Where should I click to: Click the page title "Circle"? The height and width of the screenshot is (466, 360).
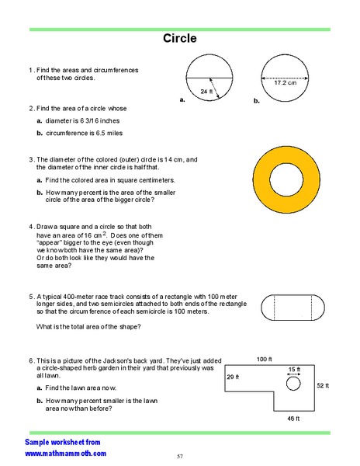click(x=179, y=38)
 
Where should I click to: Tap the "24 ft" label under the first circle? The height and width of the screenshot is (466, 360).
click(x=206, y=92)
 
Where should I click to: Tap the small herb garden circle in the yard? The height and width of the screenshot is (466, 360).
click(x=292, y=383)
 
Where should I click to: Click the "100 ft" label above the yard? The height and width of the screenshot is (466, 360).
click(x=265, y=360)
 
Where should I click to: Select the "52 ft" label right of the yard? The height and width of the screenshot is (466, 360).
click(x=323, y=385)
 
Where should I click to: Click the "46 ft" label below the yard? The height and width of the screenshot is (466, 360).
click(x=292, y=419)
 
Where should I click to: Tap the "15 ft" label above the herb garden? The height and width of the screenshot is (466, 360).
click(x=294, y=369)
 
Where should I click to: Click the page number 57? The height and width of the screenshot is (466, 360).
click(x=179, y=456)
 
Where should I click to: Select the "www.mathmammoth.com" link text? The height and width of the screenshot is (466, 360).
click(x=65, y=452)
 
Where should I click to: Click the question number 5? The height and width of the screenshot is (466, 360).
click(x=30, y=296)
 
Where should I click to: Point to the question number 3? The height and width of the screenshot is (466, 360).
click(x=30, y=158)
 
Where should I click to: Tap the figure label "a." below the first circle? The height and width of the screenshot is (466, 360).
click(x=182, y=100)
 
